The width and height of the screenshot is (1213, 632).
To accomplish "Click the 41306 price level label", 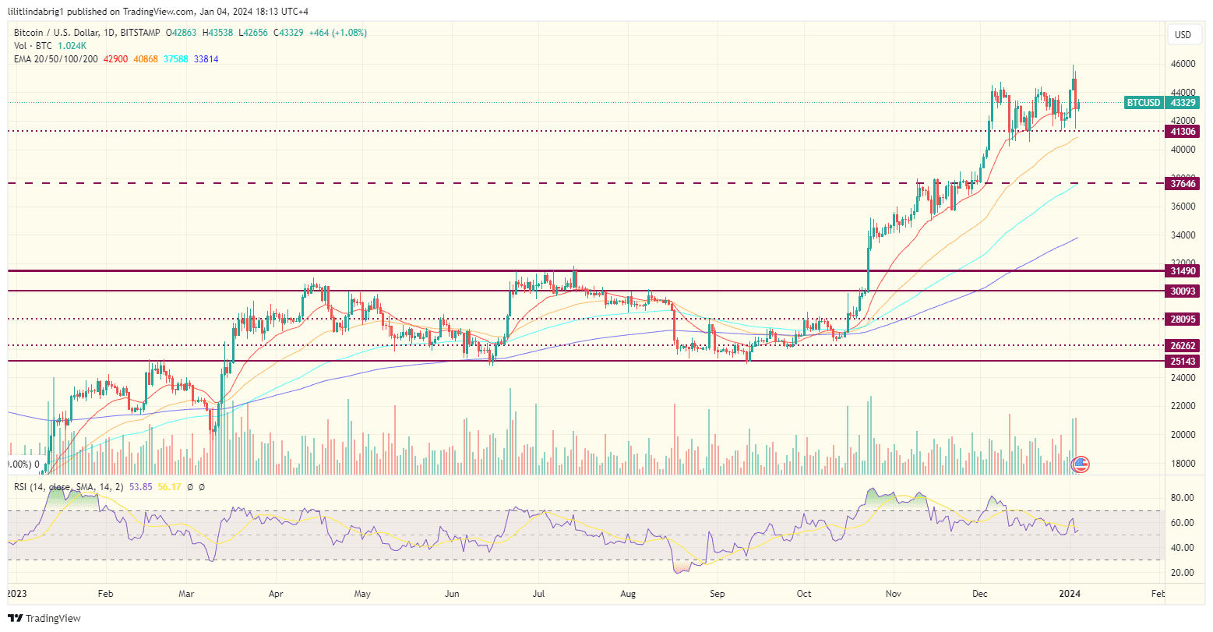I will (1183, 132).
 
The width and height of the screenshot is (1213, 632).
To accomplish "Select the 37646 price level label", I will (1183, 183).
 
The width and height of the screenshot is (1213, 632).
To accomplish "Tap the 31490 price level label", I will (1183, 271).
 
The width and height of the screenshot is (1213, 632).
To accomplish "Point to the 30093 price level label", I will (1183, 291).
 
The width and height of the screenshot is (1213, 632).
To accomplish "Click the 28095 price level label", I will (1183, 319).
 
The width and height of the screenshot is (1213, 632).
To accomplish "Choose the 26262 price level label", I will (1183, 345).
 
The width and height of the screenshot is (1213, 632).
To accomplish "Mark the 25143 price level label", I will (1183, 362).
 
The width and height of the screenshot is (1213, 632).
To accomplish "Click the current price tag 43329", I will (1183, 103).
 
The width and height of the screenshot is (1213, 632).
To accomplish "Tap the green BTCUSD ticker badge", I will (1144, 103).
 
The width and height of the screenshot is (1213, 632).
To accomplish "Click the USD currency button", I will (1183, 35).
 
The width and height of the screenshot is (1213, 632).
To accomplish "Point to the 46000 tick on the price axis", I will (1183, 64).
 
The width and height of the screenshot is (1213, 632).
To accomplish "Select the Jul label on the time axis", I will (538, 594).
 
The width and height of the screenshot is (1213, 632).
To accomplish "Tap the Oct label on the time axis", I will (804, 594).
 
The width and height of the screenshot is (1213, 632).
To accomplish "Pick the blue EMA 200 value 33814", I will (206, 59).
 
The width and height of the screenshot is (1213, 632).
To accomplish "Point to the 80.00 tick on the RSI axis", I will (1183, 498).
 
